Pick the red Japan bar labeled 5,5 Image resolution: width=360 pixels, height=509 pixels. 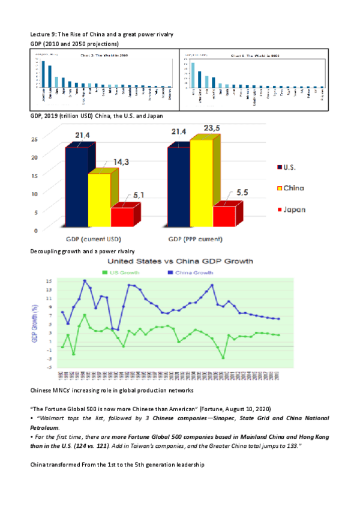(x=224, y=214)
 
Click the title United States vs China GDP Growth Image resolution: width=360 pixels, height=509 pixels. (x=180, y=261)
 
